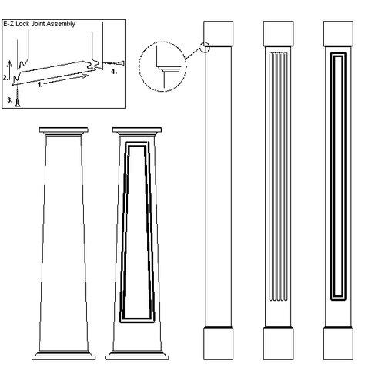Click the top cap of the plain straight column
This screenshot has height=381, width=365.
221,32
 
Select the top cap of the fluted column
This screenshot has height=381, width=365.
279,32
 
